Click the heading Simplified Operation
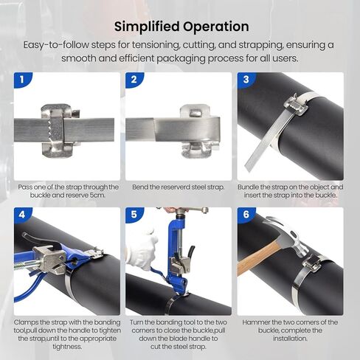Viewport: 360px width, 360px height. click(181, 27)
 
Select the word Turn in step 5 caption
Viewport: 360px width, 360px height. click(137, 322)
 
